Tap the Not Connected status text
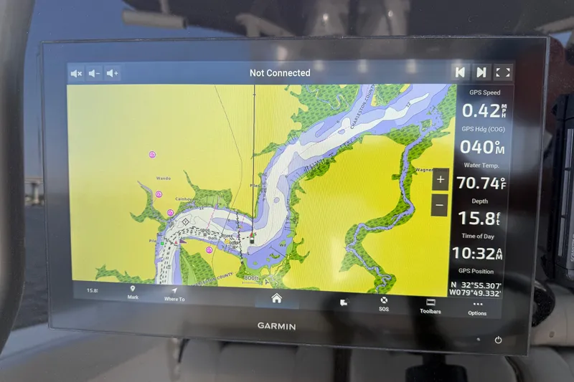(x=280, y=73)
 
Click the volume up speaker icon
(x=113, y=73)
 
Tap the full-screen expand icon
(x=503, y=72)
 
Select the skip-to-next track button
(x=481, y=72)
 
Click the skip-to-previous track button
(x=459, y=72)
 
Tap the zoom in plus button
(x=441, y=179)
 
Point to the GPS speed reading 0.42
(x=479, y=111)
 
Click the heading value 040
(x=479, y=147)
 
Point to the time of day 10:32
(x=476, y=253)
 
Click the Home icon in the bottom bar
(x=276, y=298)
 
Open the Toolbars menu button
(x=430, y=306)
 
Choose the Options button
(x=477, y=307)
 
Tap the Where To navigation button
(x=174, y=293)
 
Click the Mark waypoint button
(x=133, y=292)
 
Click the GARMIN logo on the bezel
(x=276, y=326)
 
